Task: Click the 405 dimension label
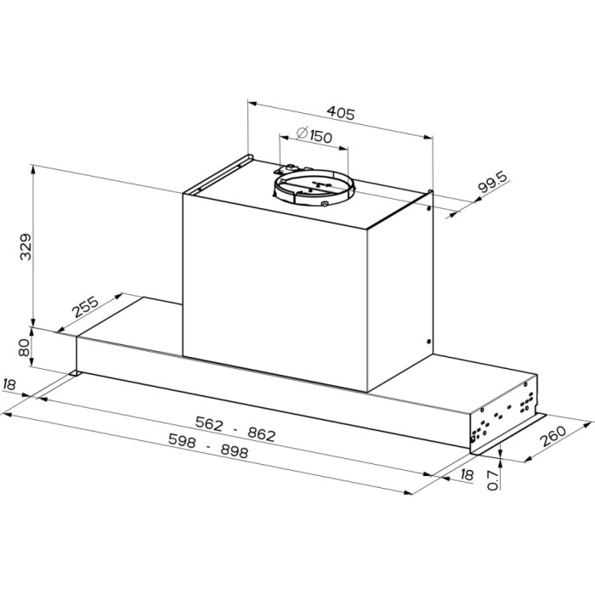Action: click(x=341, y=113)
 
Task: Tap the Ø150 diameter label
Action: click(x=314, y=135)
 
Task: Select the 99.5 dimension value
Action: click(x=492, y=183)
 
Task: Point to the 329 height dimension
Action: click(x=25, y=246)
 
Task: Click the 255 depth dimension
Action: click(x=85, y=307)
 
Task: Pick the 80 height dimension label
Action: click(x=25, y=347)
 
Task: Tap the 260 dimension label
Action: click(x=552, y=436)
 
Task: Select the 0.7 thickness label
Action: click(x=492, y=480)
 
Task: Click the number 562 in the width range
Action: click(x=209, y=423)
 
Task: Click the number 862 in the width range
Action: click(x=262, y=434)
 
